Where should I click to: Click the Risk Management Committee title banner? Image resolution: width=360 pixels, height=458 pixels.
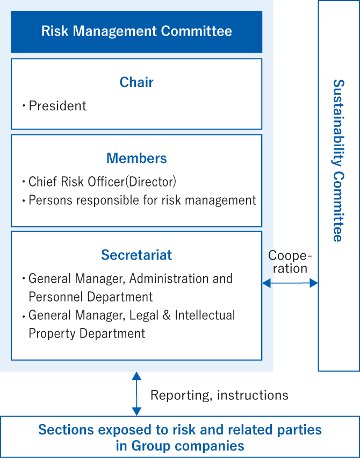point(136,32)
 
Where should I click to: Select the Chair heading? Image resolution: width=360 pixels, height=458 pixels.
point(136,82)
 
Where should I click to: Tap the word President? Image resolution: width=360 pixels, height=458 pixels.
point(57,106)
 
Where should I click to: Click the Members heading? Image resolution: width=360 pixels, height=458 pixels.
point(136,159)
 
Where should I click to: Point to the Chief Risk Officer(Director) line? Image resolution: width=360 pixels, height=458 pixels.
point(102,182)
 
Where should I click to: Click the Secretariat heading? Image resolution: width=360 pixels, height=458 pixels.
point(136,255)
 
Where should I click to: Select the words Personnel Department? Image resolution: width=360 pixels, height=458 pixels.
point(90,297)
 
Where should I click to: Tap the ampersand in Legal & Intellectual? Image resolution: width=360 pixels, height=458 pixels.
point(167,315)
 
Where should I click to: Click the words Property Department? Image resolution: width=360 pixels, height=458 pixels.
point(87,334)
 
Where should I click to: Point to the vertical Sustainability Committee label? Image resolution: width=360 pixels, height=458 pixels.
point(339,160)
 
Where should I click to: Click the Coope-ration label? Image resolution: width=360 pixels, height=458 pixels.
point(290,262)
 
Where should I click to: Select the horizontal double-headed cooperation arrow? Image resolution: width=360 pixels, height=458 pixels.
point(290,283)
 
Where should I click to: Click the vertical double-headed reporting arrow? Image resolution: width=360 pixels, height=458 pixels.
point(136,393)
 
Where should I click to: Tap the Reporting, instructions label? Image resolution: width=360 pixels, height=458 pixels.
point(219,395)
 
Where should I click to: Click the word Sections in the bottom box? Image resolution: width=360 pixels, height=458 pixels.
point(66,430)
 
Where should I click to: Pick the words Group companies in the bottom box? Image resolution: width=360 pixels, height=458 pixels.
point(188,446)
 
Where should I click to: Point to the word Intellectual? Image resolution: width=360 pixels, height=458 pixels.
point(205,315)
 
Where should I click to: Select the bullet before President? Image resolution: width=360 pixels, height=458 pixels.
point(24,105)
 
